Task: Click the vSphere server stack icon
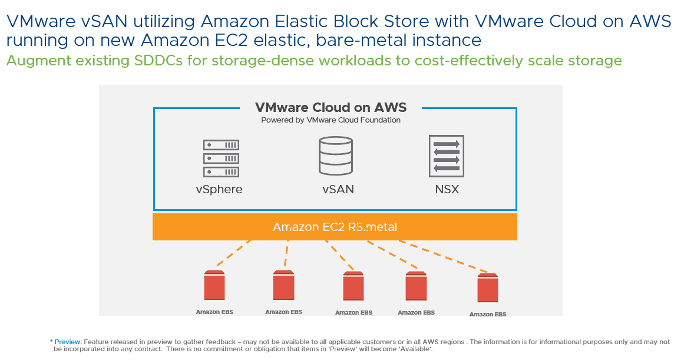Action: tap(221, 158)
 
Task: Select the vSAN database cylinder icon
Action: tap(335, 156)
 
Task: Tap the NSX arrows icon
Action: tap(446, 156)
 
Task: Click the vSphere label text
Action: tap(219, 190)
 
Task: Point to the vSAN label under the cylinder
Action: tap(338, 190)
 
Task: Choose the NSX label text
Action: tap(446, 190)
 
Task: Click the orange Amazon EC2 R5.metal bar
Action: tap(335, 227)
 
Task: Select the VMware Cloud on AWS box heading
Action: tap(331, 107)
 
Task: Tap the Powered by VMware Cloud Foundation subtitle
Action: tap(331, 120)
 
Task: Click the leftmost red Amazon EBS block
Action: tap(214, 286)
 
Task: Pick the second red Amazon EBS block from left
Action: tap(283, 286)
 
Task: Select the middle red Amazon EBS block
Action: tap(353, 288)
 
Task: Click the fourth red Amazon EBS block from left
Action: tap(417, 288)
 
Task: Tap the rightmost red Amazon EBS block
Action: tap(487, 289)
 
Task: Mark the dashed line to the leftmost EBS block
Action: tap(233, 253)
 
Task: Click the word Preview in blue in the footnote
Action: tap(68, 342)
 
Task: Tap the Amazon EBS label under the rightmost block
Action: tap(487, 315)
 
